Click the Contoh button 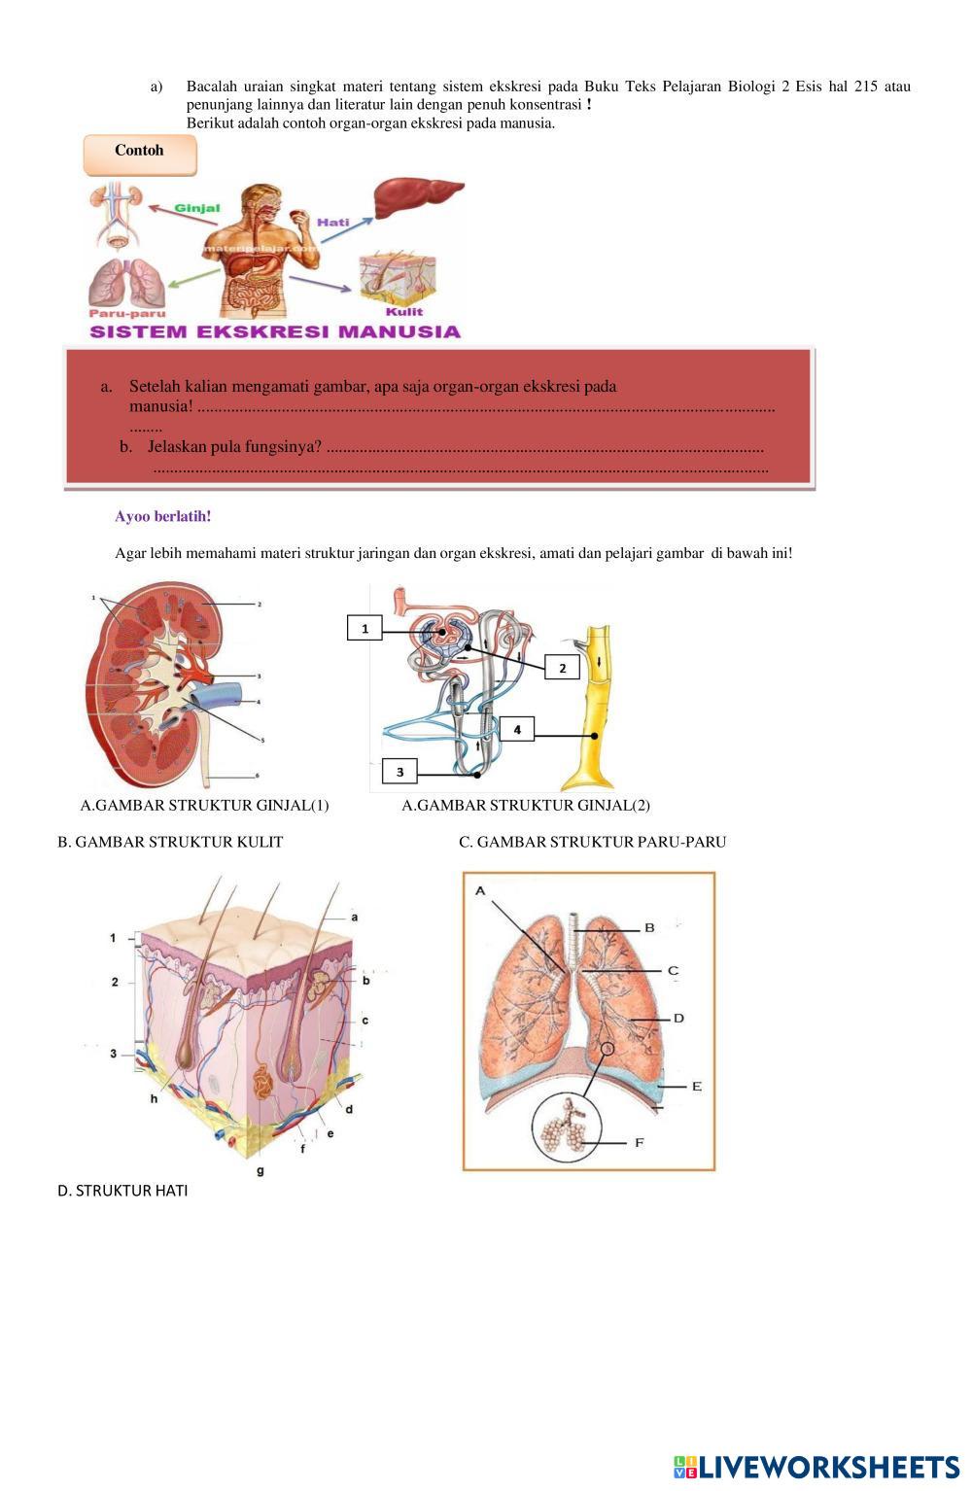click(140, 156)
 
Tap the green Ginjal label click(197, 208)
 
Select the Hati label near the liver click(332, 223)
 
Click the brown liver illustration click(417, 197)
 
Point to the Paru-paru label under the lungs click(127, 314)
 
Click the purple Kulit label click(404, 311)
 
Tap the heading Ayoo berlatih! click(163, 516)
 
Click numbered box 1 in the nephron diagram click(364, 628)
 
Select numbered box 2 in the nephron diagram click(562, 668)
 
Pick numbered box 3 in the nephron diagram click(399, 772)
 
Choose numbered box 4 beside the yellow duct click(517, 730)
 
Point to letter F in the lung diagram click(640, 1143)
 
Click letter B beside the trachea click(649, 927)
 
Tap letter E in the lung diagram click(696, 1087)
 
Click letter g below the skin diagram click(260, 1171)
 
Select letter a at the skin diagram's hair click(354, 918)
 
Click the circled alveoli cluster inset click(567, 1128)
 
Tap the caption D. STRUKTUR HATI click(122, 1191)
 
